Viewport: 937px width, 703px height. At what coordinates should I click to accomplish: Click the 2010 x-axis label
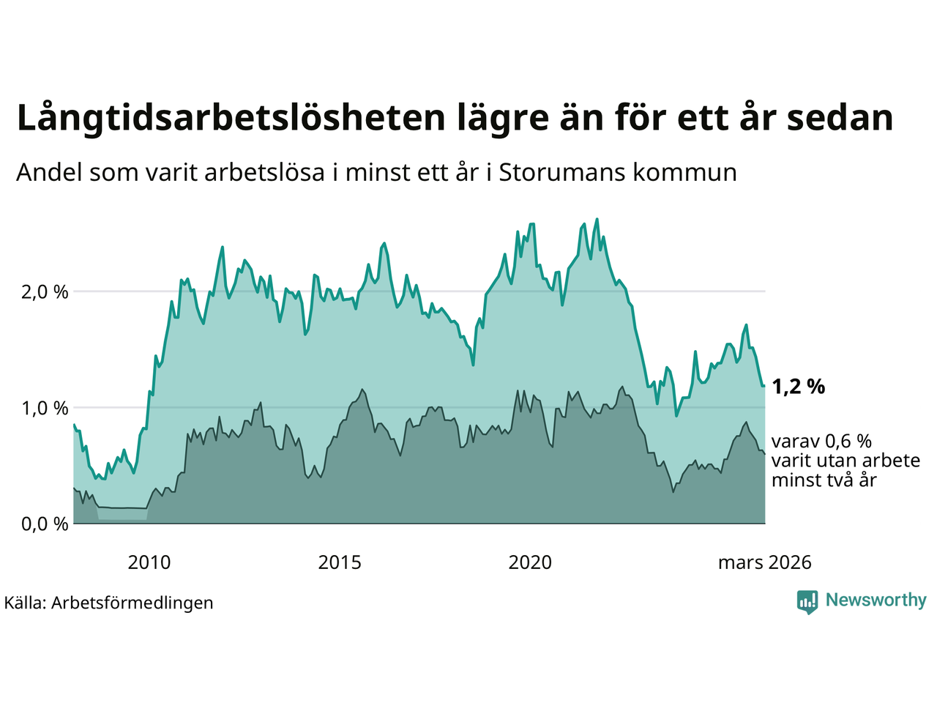click(x=149, y=562)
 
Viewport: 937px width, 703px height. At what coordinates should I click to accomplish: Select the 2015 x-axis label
click(x=340, y=562)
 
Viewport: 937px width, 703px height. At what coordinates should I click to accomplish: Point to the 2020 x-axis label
click(x=530, y=562)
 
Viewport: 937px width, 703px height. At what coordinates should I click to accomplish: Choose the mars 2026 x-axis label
click(x=764, y=562)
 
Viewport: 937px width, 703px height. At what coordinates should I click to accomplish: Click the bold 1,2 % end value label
click(x=798, y=387)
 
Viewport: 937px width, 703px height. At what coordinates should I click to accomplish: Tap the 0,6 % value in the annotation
click(x=848, y=442)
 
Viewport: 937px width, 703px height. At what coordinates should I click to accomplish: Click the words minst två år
click(x=824, y=480)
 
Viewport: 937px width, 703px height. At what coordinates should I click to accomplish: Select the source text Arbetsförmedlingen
click(x=132, y=603)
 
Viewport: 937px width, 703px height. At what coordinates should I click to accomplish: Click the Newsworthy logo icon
click(x=807, y=602)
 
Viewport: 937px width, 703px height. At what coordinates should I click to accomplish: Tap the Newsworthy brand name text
click(x=876, y=600)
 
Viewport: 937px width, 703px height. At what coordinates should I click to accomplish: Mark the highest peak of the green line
click(x=597, y=219)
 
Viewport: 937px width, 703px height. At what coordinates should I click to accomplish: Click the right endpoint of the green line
click(x=764, y=385)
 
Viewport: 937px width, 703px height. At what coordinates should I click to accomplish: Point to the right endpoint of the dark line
click(x=765, y=454)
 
